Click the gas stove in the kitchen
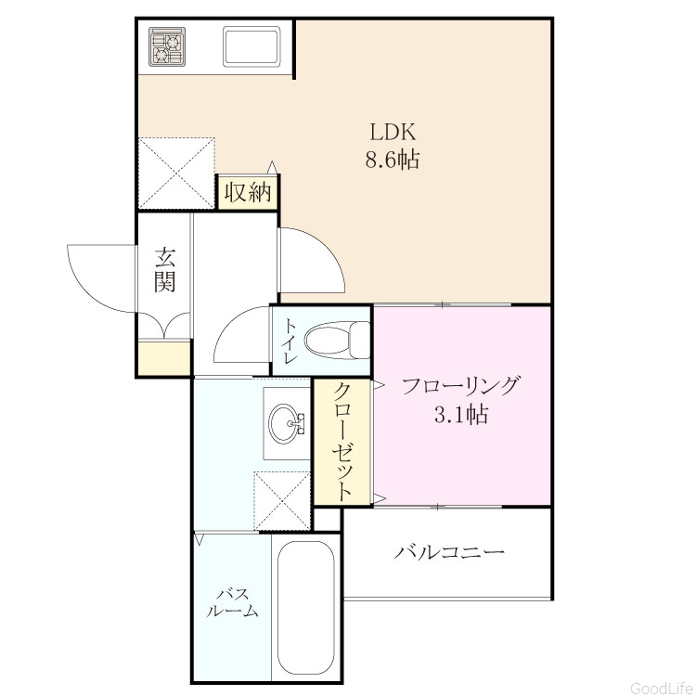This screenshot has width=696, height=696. click(167, 47)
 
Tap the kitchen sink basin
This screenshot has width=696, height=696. click(252, 46)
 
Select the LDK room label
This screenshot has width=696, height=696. click(393, 133)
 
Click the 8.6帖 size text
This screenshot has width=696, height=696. click(393, 160)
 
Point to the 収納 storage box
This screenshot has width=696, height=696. click(247, 192)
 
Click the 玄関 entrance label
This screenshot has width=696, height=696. click(164, 270)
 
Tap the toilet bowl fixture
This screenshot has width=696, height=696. click(338, 340)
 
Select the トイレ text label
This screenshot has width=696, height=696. click(290, 341)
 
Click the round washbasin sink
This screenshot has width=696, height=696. click(287, 423)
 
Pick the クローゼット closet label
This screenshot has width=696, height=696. click(342, 442)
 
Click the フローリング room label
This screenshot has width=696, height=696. click(460, 385)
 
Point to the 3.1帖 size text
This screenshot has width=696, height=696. click(460, 415)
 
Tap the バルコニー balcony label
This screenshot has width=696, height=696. click(450, 552)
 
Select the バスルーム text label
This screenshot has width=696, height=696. click(232, 603)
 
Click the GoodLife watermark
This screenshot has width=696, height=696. click(662, 688)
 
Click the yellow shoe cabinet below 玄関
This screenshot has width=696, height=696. click(164, 358)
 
